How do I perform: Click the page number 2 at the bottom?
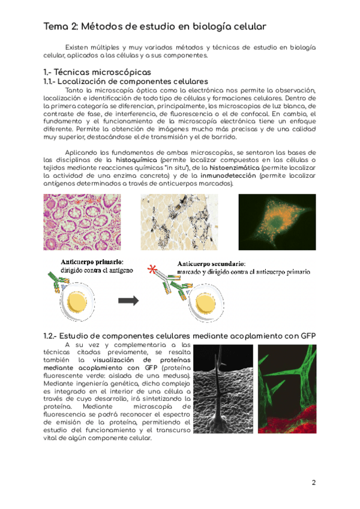(x=313, y=483)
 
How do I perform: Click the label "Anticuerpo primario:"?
(x=91, y=262)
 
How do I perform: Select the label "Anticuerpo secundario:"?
(x=211, y=263)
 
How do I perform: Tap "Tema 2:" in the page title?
(x=61, y=26)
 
